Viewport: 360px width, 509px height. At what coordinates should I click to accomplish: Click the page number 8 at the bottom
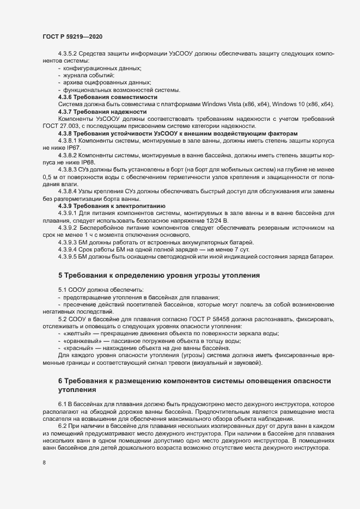coord(44,463)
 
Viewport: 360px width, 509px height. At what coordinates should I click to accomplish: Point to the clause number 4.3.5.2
coord(69,53)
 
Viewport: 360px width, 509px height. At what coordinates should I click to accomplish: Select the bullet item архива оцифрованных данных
coord(100,82)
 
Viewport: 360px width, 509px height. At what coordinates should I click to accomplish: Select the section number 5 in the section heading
coord(61,275)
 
